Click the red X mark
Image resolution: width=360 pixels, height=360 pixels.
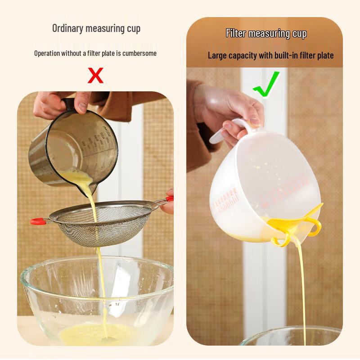tap(95, 75)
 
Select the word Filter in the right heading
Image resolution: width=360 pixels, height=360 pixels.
tap(236, 33)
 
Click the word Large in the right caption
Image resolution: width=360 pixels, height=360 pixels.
tap(217, 55)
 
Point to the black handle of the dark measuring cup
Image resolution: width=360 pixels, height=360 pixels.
tap(67, 105)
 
